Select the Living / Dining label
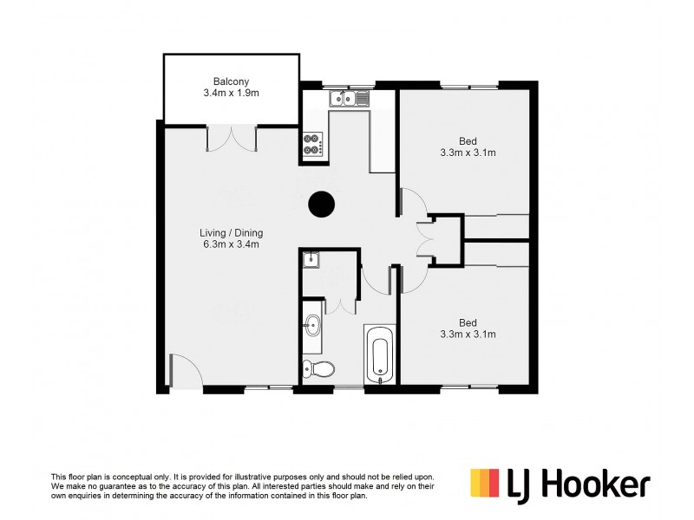coord(231,232)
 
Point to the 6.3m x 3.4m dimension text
coord(231,244)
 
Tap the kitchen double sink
coord(350,99)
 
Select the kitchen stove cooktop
coord(312,145)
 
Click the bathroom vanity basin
coord(311,328)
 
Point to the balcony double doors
coord(232,137)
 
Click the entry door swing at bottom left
coord(181,370)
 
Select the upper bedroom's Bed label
coord(467,141)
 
